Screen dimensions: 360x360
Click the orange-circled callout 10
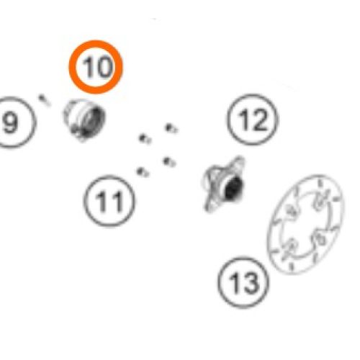(x=96, y=67)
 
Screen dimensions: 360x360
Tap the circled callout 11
(x=109, y=201)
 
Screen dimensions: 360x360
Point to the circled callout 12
(x=253, y=120)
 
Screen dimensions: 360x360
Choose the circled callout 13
(x=243, y=282)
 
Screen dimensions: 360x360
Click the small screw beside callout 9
(x=45, y=100)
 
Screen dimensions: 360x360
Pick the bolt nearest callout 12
(x=172, y=128)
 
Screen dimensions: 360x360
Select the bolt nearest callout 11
(x=143, y=172)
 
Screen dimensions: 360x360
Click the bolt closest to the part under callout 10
(x=145, y=139)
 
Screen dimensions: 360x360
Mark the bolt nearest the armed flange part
(x=169, y=162)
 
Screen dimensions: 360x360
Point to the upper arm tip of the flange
(x=239, y=160)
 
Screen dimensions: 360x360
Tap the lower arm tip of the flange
(x=208, y=207)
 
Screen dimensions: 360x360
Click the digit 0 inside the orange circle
(x=104, y=67)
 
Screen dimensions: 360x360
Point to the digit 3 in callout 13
(x=250, y=283)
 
